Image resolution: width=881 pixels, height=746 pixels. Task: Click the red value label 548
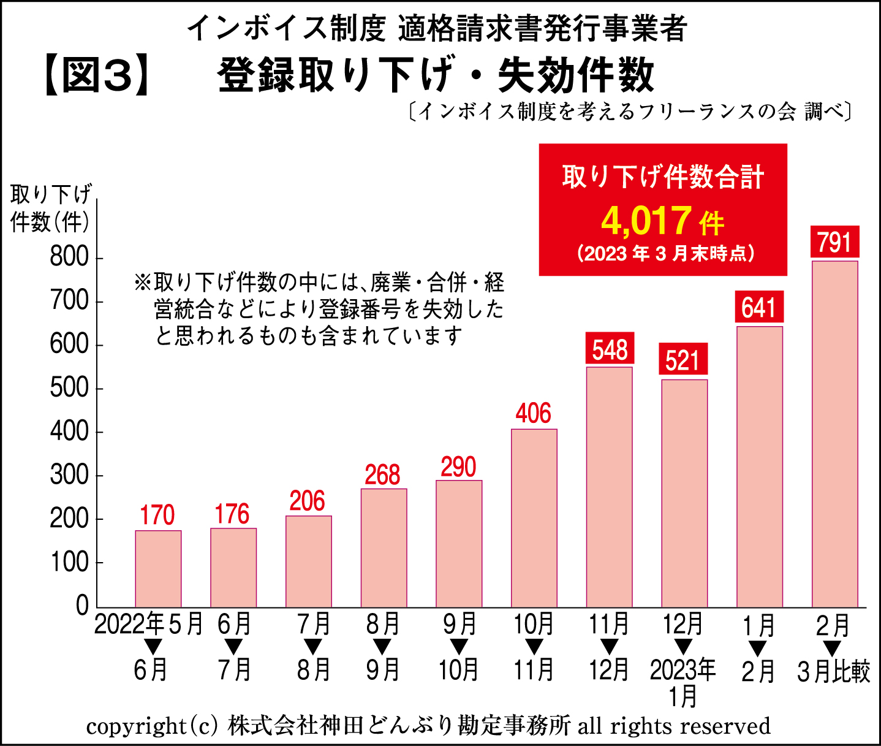click(610, 349)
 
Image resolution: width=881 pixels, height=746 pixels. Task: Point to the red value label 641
click(759, 307)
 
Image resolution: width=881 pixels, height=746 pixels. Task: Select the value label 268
click(383, 475)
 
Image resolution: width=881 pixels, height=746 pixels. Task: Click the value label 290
click(458, 467)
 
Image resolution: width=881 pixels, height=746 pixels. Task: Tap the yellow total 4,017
click(646, 221)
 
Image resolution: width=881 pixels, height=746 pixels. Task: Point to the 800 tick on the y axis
click(69, 257)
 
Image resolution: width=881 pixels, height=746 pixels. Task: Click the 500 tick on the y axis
click(69, 388)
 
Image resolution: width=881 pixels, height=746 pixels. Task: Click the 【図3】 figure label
click(97, 76)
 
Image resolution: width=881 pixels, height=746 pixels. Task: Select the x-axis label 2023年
click(682, 670)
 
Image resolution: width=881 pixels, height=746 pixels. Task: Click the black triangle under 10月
click(534, 647)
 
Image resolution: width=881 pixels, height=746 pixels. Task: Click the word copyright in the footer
click(135, 726)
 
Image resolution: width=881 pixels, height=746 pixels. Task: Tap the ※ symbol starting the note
click(142, 283)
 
